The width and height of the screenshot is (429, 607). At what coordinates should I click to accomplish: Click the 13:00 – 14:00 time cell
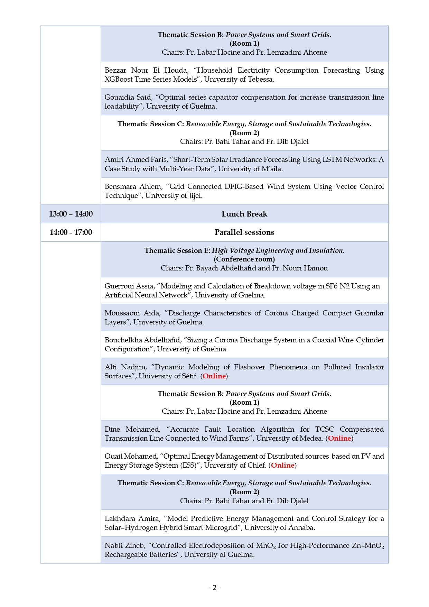pyautogui.click(x=71, y=214)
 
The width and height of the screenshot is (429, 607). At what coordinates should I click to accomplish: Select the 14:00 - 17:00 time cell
pyautogui.click(x=71, y=232)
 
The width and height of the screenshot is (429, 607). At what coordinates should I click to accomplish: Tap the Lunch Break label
pyautogui.click(x=244, y=214)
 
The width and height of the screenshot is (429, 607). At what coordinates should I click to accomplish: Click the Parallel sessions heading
pyautogui.click(x=244, y=232)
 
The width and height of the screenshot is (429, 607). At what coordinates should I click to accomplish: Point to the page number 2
pyautogui.click(x=214, y=588)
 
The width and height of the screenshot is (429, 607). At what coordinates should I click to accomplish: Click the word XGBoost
pyautogui.click(x=121, y=79)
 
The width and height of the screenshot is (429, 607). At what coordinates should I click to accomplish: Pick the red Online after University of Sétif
pyautogui.click(x=214, y=376)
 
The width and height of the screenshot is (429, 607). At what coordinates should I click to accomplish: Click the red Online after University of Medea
pyautogui.click(x=339, y=438)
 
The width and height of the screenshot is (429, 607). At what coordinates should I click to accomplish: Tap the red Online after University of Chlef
pyautogui.click(x=282, y=465)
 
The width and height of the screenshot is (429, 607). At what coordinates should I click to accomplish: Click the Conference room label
pyautogui.click(x=244, y=259)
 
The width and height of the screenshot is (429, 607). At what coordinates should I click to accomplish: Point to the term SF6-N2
pyautogui.click(x=338, y=286)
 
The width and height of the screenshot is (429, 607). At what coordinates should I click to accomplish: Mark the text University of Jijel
pyautogui.click(x=174, y=195)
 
